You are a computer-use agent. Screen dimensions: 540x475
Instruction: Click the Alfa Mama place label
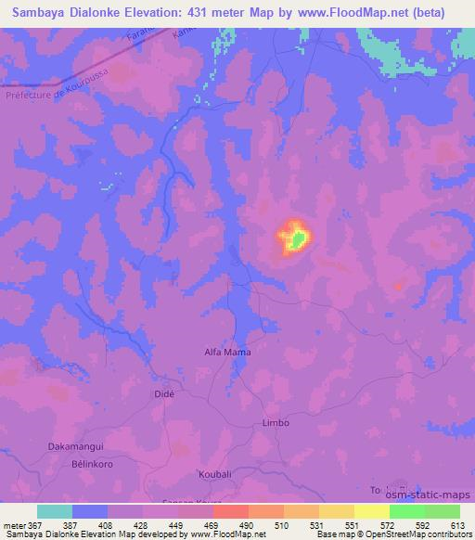[x=227, y=353]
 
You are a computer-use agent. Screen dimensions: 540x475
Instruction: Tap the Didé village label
[x=162, y=394]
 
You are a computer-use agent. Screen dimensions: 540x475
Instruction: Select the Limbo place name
[x=276, y=422]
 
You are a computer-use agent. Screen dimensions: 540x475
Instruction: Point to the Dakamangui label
[x=74, y=447]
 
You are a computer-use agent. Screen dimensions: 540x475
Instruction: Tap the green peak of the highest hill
[x=297, y=240]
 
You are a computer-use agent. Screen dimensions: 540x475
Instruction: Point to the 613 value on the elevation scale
[x=458, y=524]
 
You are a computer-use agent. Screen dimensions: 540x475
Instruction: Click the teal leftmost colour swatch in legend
[x=56, y=511]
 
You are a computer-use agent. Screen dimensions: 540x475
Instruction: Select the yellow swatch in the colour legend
[x=337, y=511]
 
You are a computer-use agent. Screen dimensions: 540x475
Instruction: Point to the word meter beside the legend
[x=14, y=524]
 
